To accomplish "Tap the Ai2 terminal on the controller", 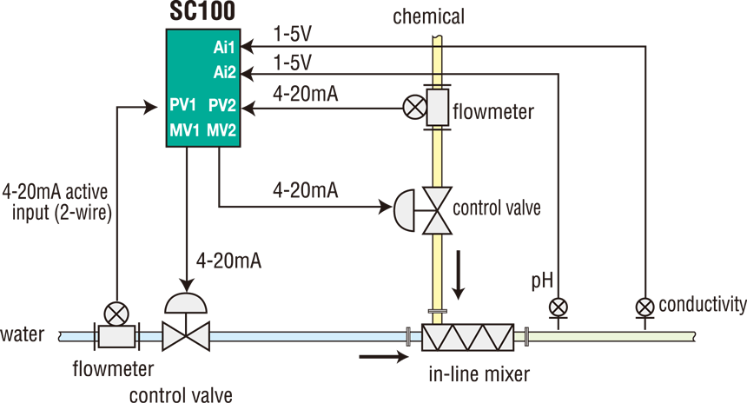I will click(225, 73).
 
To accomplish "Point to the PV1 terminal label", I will click(183, 106).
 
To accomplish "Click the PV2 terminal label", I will click(223, 106).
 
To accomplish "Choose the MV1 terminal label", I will click(183, 131).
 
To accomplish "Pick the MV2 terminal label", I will click(223, 131).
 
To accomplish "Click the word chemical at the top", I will click(428, 16).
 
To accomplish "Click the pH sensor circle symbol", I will click(556, 306).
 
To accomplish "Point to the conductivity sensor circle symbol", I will click(645, 306).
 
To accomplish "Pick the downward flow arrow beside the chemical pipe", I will click(460, 275).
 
